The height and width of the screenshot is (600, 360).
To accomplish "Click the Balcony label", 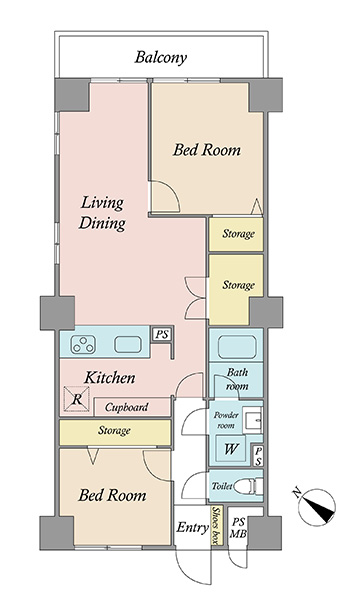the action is [161, 57].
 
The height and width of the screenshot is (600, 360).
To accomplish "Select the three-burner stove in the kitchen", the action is [83, 344].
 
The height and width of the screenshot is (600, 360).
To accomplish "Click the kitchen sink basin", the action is [128, 344].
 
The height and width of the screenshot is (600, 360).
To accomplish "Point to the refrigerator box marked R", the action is [77, 399].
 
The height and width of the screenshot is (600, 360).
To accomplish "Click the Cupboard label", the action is [126, 407].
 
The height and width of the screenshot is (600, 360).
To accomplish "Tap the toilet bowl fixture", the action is [248, 486].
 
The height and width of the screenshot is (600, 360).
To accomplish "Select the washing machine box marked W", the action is [230, 448].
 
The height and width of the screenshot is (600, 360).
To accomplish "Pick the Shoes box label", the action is [217, 525].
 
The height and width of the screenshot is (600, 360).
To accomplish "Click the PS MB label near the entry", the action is [238, 528].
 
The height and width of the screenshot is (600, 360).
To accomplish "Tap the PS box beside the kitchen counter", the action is [162, 334].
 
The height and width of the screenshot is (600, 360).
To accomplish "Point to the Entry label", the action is [192, 528].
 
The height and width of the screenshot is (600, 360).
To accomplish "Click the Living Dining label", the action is [102, 213].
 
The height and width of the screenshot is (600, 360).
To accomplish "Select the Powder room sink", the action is [253, 420].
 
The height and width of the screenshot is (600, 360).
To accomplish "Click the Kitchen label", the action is [110, 378].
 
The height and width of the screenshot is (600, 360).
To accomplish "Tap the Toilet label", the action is [222, 486].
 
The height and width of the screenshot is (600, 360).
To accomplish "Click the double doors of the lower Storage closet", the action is [196, 297].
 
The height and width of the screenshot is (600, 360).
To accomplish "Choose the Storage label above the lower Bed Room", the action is [114, 430].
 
